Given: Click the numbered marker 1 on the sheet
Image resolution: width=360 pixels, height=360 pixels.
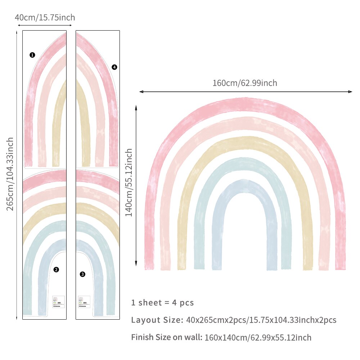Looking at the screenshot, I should tap(32, 55).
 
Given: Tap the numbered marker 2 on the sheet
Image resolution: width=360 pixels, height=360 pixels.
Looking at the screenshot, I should tap(56, 269).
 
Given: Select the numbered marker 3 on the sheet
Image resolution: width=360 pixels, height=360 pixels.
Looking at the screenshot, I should tap(82, 274).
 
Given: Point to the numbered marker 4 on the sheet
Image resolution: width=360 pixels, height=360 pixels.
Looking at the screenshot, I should tap(114, 67).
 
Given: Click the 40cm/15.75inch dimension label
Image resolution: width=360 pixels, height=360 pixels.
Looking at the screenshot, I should tap(45, 17).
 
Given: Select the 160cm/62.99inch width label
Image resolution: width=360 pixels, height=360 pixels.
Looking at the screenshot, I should tap(245, 83).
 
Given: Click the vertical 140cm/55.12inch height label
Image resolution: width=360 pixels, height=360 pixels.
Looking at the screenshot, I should tap(129, 183).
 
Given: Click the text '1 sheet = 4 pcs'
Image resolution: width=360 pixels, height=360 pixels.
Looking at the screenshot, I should tap(162, 303).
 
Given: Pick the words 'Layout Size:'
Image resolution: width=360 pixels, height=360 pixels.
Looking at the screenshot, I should tap(157, 320).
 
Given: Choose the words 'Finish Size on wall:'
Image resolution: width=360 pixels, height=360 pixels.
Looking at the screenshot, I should tap(167, 337).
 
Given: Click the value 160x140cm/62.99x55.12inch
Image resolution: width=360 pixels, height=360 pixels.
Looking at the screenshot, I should tap(258, 338).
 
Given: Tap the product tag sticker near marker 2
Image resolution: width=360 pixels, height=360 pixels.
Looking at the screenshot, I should tap(58, 301).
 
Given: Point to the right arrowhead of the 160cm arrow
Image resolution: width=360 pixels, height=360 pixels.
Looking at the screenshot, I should tap(351, 92).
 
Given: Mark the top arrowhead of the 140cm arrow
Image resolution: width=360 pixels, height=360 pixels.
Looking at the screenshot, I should tap(136, 107).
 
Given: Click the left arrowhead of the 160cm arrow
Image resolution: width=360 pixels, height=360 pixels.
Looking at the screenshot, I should tap(141, 92).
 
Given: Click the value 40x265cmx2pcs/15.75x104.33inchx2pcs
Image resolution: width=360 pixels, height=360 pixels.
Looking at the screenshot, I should tap(261, 320).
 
